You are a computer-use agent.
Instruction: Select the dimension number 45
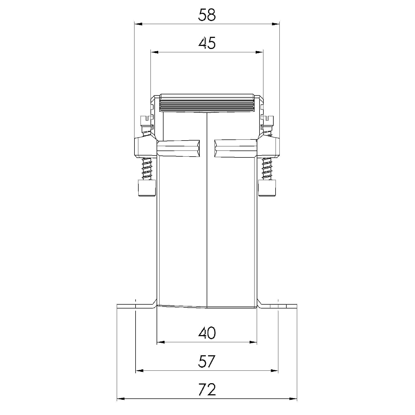coord(207,43)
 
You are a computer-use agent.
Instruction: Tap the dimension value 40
coord(207,333)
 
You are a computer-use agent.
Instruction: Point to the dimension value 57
coord(207,362)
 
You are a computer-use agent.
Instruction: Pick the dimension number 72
coord(207,390)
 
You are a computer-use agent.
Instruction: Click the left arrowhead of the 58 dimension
coord(138,24)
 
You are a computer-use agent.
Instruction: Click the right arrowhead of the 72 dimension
coord(293,399)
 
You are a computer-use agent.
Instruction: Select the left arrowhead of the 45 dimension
coord(154,52)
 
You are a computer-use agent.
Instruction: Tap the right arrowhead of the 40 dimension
coord(253,342)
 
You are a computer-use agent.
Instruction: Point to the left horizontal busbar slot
coord(178,149)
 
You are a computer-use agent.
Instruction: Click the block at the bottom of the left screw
coord(147,188)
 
